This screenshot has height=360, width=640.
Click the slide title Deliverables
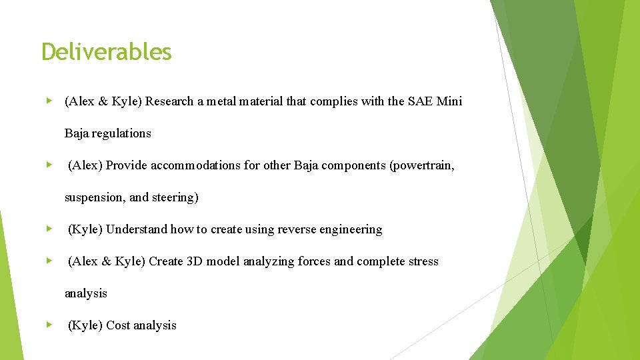[x=107, y=52]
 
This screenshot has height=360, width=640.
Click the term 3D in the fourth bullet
[x=194, y=261]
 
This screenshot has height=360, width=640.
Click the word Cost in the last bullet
[x=118, y=325]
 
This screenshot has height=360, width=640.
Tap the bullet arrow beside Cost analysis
[x=49, y=325]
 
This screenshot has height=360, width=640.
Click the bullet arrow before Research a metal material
[x=49, y=101]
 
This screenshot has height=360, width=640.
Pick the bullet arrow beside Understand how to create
[x=49, y=229]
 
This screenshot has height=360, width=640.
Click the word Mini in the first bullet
[x=449, y=101]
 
